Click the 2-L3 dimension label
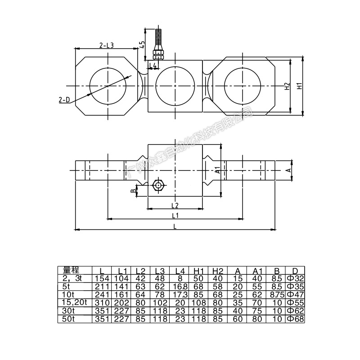pyautogui.click(x=107, y=45)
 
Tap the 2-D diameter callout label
pyautogui.click(x=64, y=100)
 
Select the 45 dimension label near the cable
pyautogui.click(x=142, y=44)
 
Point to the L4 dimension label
pyautogui.click(x=153, y=65)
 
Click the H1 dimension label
pyautogui.click(x=299, y=86)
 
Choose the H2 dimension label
pyautogui.click(x=287, y=86)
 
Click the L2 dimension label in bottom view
pyautogui.click(x=175, y=205)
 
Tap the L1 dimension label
pyautogui.click(x=175, y=216)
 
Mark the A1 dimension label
pyautogui.click(x=218, y=170)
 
